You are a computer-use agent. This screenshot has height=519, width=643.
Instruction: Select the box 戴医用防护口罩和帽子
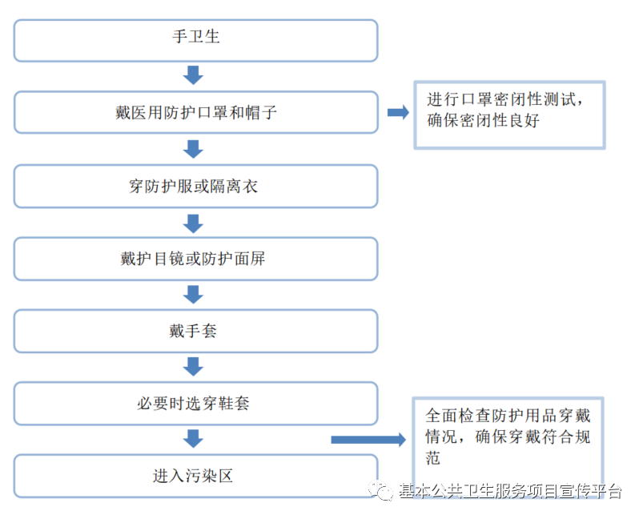[x=195, y=113]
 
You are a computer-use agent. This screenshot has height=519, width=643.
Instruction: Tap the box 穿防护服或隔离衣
[x=195, y=186]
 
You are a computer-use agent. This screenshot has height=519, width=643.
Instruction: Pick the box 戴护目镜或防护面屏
[x=195, y=259]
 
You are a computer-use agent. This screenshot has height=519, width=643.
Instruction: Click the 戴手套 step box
[x=195, y=331]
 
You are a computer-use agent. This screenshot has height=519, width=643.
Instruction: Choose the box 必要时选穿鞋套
[x=195, y=403]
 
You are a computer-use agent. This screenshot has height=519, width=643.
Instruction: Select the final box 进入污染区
[x=195, y=476]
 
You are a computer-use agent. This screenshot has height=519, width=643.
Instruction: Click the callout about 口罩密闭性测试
[x=508, y=114]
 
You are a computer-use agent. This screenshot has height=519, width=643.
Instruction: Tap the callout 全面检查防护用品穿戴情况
[x=508, y=437]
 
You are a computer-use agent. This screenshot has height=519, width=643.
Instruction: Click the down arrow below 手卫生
[x=193, y=76]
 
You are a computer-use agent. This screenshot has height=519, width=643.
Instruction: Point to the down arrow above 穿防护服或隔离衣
[x=193, y=149]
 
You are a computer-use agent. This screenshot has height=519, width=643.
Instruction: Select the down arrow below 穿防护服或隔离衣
[x=193, y=222]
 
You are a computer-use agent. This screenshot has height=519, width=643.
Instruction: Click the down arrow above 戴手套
[x=193, y=294]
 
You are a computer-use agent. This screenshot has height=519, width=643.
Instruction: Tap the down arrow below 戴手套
[x=193, y=367]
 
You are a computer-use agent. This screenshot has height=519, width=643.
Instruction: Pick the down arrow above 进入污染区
[x=193, y=439]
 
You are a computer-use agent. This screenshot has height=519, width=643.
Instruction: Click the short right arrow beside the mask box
[x=397, y=113]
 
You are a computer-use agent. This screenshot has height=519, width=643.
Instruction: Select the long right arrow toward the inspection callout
[x=368, y=439]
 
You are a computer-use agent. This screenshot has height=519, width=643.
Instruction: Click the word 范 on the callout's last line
[x=433, y=459]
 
